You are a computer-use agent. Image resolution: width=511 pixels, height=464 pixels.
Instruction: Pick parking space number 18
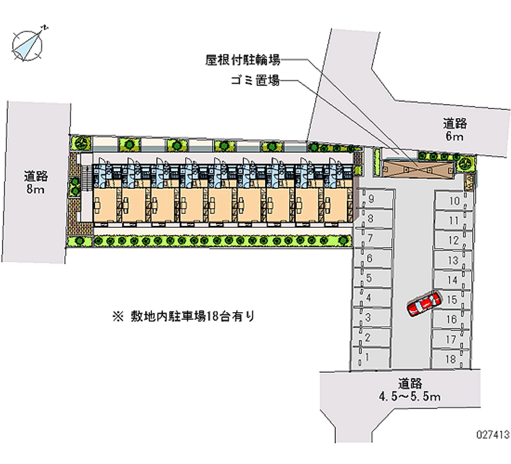451,359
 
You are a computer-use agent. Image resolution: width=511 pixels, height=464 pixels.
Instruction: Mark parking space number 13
453,260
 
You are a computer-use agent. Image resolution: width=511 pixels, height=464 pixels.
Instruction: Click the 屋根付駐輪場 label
243,61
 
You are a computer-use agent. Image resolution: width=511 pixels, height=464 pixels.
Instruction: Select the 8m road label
36,182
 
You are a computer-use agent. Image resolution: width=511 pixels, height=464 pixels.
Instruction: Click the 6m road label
455,130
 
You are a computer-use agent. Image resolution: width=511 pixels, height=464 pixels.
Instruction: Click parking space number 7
370,238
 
